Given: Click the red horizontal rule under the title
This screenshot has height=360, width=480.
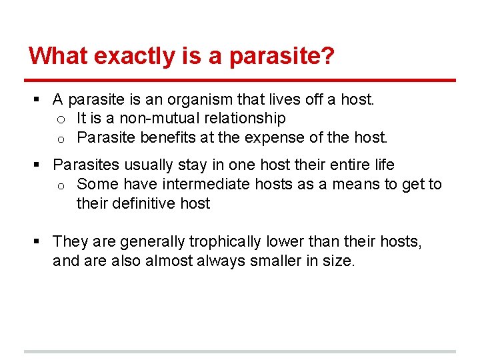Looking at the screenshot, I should [x=240, y=81].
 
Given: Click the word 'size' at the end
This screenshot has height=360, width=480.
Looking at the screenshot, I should [x=341, y=261].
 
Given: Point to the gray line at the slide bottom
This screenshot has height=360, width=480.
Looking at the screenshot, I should [x=240, y=351].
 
